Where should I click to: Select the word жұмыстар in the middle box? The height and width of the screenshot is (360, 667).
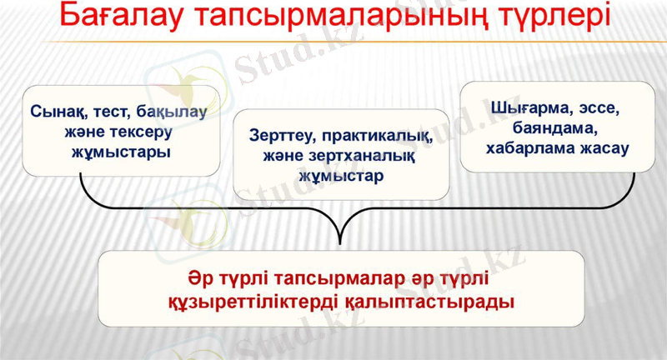click(343, 177)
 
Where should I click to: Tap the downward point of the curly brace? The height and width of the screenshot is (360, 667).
click(339, 243)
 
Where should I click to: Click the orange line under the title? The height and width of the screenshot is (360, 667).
click(333, 42)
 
